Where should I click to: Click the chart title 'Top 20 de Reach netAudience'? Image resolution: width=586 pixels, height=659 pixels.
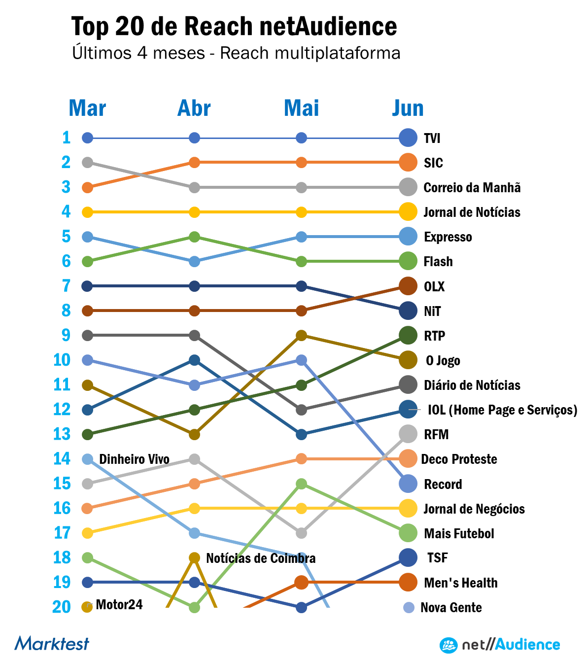point(234,26)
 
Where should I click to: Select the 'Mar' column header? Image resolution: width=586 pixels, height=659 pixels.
point(87,108)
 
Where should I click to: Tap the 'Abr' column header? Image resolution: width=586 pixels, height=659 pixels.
point(194,108)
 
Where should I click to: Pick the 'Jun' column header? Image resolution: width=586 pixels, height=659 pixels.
point(408,108)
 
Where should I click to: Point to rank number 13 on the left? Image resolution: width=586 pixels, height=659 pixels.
point(62,434)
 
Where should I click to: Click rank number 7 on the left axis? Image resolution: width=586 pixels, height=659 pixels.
point(66,286)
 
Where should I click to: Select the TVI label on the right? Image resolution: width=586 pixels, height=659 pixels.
point(432,138)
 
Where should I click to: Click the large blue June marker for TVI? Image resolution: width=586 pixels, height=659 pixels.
point(408,138)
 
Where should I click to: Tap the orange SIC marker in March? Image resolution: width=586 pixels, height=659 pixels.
point(87,187)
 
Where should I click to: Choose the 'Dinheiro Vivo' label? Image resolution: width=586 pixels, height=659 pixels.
point(134,459)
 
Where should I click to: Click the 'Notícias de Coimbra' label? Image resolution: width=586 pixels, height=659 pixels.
point(261,558)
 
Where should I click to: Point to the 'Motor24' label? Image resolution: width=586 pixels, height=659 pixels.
point(119,605)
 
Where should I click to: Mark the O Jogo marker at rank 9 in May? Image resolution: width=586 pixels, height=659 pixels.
point(302,336)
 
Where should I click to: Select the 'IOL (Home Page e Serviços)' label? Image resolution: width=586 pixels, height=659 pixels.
point(502,410)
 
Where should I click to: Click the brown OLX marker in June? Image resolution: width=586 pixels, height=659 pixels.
point(408,286)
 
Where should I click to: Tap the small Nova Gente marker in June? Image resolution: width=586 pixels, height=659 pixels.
point(409,608)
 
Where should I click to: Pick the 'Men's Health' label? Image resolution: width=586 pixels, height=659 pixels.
point(461,583)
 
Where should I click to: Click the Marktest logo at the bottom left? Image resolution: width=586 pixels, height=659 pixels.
point(52,643)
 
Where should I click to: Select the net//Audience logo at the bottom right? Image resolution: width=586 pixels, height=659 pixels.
point(500,645)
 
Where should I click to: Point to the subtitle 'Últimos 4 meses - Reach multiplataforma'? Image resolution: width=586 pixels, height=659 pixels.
point(236,53)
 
